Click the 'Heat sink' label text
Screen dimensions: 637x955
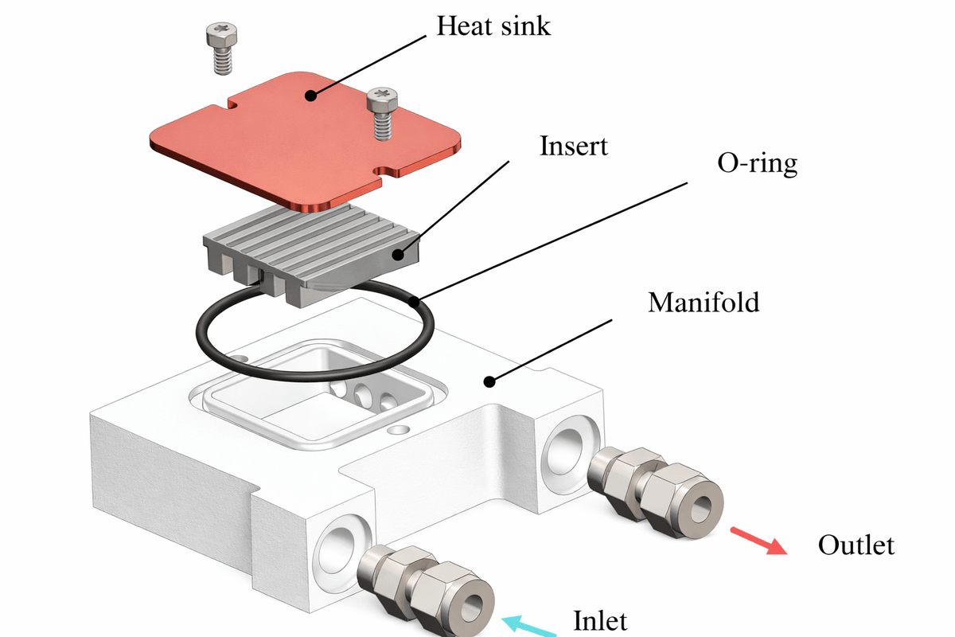[x=493, y=26]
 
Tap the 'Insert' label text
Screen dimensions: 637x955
[x=573, y=147]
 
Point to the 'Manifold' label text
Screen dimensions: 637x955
[x=704, y=303]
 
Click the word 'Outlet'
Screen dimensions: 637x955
[x=856, y=545]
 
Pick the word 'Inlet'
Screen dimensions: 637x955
[x=601, y=619]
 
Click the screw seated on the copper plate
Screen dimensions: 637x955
[x=381, y=114]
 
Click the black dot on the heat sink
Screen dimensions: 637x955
[x=310, y=96]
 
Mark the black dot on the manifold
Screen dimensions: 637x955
[x=489, y=381]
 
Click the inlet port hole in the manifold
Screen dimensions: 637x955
[x=339, y=549]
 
